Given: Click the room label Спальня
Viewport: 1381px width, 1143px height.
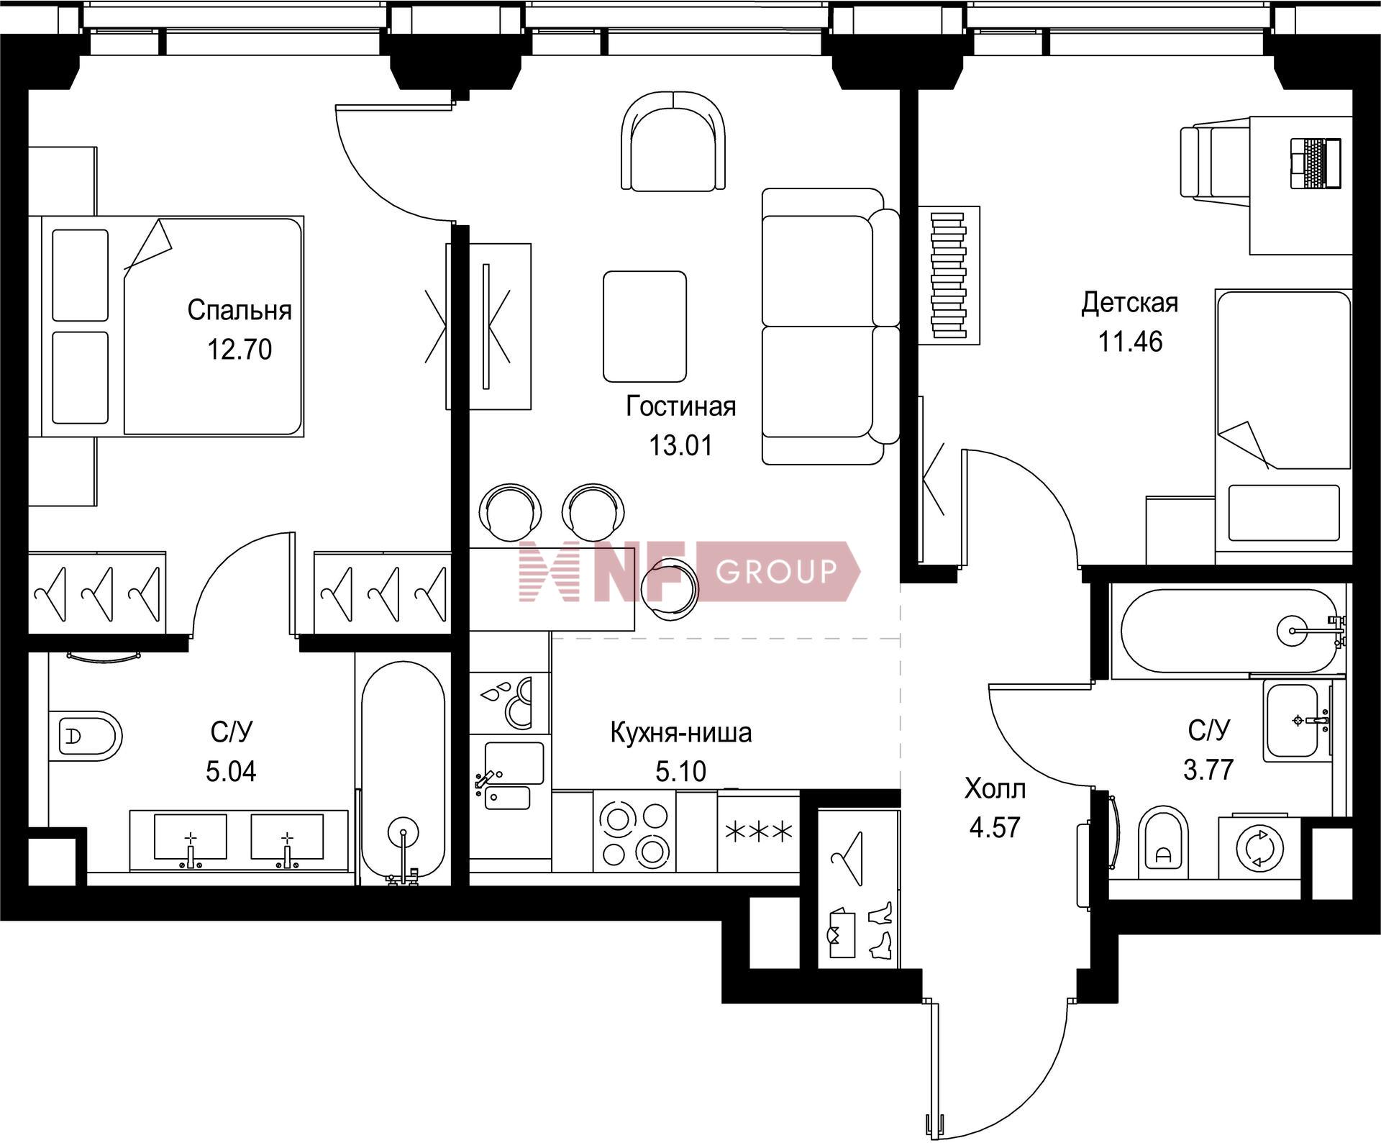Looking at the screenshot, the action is (240, 310).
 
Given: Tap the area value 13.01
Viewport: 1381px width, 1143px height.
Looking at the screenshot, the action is (680, 445).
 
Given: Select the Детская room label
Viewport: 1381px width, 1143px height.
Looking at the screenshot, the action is (1129, 303).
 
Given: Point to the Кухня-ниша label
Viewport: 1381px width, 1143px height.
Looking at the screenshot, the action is (680, 732).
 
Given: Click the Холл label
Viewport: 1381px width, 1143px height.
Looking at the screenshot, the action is (995, 789).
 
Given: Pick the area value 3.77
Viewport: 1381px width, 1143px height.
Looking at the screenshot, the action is (1208, 770).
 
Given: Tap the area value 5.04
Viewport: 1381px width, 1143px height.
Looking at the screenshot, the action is (231, 772).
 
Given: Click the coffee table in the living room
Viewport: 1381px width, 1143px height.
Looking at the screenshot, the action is (644, 327).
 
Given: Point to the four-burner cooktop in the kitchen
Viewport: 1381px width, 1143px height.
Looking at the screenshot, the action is (635, 832).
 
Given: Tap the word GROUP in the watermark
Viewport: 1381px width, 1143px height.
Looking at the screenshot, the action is (777, 572).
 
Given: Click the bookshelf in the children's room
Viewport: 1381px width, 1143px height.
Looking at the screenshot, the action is (949, 275).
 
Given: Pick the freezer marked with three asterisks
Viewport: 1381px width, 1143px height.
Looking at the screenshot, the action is (759, 832).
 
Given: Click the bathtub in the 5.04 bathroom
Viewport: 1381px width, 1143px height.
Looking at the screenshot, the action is (403, 772).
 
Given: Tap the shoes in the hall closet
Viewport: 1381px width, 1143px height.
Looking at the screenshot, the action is (880, 931).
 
